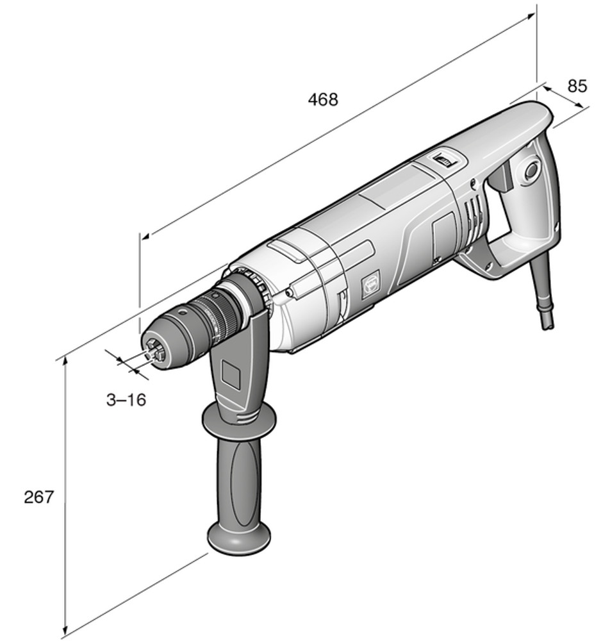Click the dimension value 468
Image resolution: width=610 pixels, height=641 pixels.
coord(322,100)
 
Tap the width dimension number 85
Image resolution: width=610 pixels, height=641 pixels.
coord(577,85)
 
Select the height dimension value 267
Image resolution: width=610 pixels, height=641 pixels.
coord(39,496)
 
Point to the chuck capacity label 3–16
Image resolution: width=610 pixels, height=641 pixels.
coord(126,400)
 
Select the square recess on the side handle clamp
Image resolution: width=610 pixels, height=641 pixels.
coord(231,374)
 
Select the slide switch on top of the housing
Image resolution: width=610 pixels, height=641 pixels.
coord(443,160)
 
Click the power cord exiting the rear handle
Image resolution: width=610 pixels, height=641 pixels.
coord(546,288)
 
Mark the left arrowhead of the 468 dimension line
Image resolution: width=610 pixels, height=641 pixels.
coord(145,237)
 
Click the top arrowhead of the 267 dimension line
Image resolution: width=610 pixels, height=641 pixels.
coord(65,363)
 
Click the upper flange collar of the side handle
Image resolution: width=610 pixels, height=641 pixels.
coord(239,420)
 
